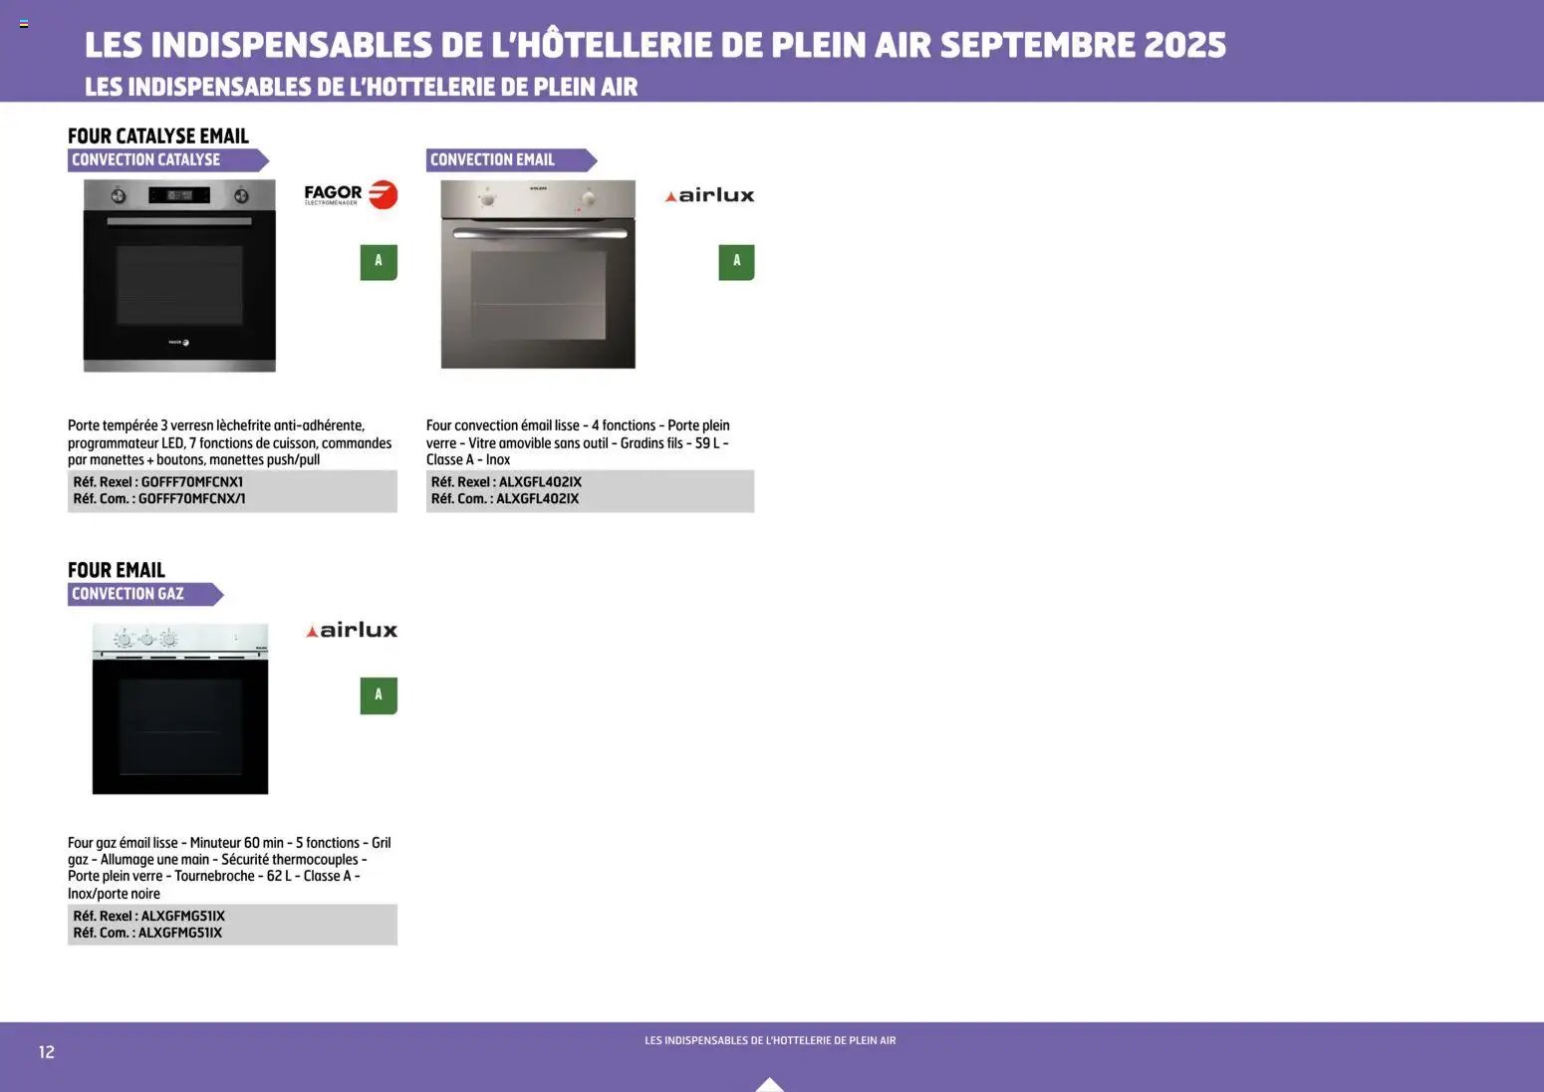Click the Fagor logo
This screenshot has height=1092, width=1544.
tap(351, 193)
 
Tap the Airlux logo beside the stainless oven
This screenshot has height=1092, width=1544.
tap(709, 195)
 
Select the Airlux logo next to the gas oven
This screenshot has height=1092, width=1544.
tap(351, 630)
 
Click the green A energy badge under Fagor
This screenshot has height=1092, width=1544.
tap(379, 262)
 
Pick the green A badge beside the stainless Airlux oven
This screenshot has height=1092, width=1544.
tap(736, 262)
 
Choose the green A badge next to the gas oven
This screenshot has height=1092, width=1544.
tap(379, 695)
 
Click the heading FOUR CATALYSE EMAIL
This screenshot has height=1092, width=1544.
tap(158, 136)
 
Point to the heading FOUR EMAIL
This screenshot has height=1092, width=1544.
tap(117, 570)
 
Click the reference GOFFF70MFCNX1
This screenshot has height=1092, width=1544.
tap(192, 482)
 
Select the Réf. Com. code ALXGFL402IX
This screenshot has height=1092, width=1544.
tap(537, 499)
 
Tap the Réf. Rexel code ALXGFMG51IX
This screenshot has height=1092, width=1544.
tap(183, 916)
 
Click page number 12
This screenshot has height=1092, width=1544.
tap(47, 1052)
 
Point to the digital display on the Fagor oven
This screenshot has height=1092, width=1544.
tap(179, 195)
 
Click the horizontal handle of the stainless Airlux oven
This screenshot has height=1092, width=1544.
tap(538, 233)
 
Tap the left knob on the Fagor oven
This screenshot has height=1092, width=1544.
tap(119, 195)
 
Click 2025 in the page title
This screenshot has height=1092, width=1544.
tap(1184, 45)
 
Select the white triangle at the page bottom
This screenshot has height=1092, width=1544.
tap(770, 1084)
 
